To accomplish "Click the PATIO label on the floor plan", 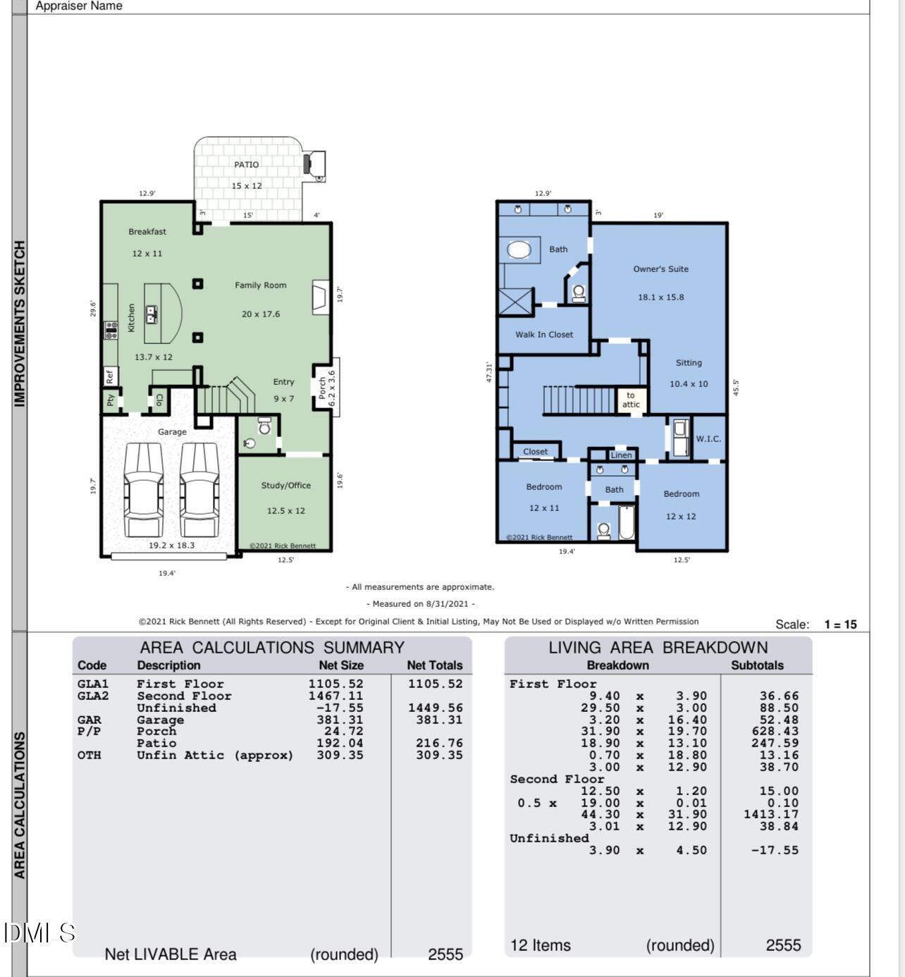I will (x=246, y=164).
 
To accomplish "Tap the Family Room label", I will (x=260, y=285).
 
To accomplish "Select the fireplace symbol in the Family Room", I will (x=320, y=297).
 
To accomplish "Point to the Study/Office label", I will (x=285, y=486).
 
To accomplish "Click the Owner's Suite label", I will (x=660, y=269).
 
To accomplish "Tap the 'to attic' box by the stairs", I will (x=631, y=400).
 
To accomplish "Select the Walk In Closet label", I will (x=543, y=335).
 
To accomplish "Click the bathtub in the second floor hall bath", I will (x=627, y=522).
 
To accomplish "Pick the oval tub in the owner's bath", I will (x=519, y=250).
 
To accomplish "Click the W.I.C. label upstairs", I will (x=708, y=438).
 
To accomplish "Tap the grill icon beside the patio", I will (x=314, y=164).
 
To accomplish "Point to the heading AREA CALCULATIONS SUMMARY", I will (x=272, y=647).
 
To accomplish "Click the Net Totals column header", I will (x=434, y=665).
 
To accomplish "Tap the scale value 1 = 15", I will (x=840, y=625).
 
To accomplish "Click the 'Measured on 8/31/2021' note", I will (x=420, y=604).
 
